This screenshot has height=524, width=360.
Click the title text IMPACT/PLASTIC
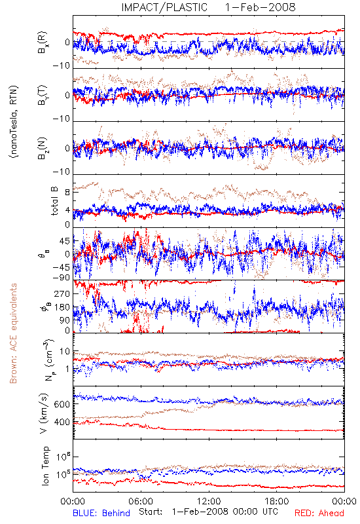pos(164,7)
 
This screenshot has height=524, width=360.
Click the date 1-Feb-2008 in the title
pos(260,7)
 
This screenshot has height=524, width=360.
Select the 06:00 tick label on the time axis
pos(141,501)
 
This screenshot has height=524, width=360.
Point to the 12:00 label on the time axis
pos(209,501)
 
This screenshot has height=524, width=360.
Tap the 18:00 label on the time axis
pos(277,501)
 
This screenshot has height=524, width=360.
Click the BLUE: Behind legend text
pos(101,513)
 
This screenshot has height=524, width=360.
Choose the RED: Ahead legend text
pos(319,513)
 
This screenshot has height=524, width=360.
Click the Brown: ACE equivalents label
pos(13,333)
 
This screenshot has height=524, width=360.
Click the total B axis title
pos(54,200)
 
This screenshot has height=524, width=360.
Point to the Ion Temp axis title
pos(45,466)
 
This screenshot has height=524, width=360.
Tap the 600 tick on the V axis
pos(62,404)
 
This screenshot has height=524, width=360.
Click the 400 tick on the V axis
pos(62,422)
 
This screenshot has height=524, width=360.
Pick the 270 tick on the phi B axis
pos(62,293)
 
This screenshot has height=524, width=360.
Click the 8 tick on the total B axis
pos(67,192)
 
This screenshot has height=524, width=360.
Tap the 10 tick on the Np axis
pos(65,352)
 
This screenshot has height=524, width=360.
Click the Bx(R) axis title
pos(43,43)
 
